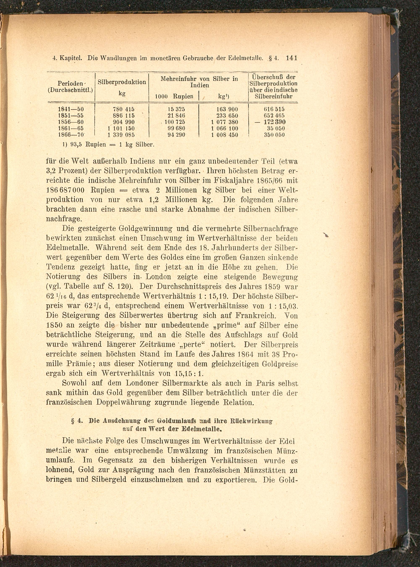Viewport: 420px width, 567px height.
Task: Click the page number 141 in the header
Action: pos(291,58)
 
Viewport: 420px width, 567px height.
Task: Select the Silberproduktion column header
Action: pos(122,82)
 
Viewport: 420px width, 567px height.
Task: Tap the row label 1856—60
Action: pos(71,122)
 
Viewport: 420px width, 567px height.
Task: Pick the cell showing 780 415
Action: pos(123,109)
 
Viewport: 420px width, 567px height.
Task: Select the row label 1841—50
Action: pos(71,109)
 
